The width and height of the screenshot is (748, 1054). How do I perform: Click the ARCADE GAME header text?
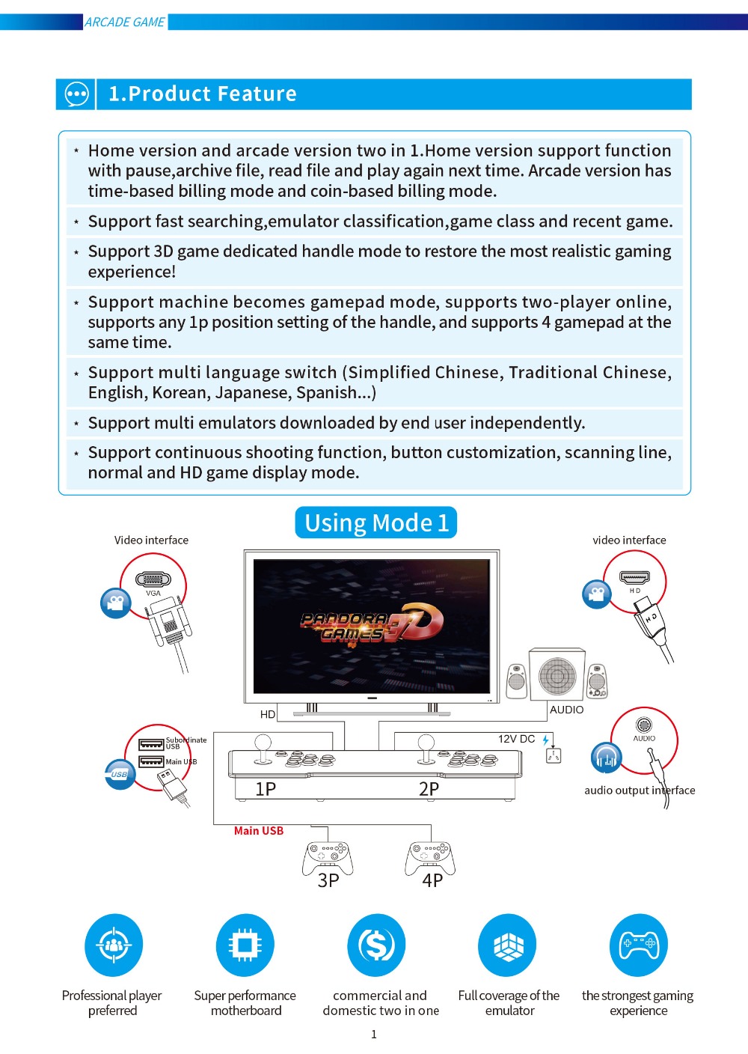coord(125,22)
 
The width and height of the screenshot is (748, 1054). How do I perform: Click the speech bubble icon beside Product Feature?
coord(76,94)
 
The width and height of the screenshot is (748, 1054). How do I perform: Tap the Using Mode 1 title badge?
coord(376,523)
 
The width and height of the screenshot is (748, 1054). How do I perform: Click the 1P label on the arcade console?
coord(266,789)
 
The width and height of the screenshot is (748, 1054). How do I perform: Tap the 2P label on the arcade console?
coord(429,789)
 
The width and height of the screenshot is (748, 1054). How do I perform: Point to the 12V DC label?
coord(516,739)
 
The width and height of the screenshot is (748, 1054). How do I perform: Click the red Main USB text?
coord(259,831)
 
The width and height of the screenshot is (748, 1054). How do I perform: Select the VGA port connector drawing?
coord(153,579)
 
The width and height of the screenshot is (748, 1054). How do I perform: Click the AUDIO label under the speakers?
coord(566,710)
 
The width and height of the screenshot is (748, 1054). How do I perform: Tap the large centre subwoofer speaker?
coord(557,674)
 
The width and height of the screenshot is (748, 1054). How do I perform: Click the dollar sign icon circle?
coord(376,945)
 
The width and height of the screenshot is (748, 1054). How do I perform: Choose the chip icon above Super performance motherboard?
coord(245,945)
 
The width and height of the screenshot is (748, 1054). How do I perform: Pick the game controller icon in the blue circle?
coord(639,945)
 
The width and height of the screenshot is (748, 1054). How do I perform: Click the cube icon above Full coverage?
coord(508,945)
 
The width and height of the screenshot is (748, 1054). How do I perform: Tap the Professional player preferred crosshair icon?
coord(114,945)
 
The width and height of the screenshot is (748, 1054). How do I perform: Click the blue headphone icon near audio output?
coord(606,758)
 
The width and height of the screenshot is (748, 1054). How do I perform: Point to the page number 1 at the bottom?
coord(374,1035)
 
